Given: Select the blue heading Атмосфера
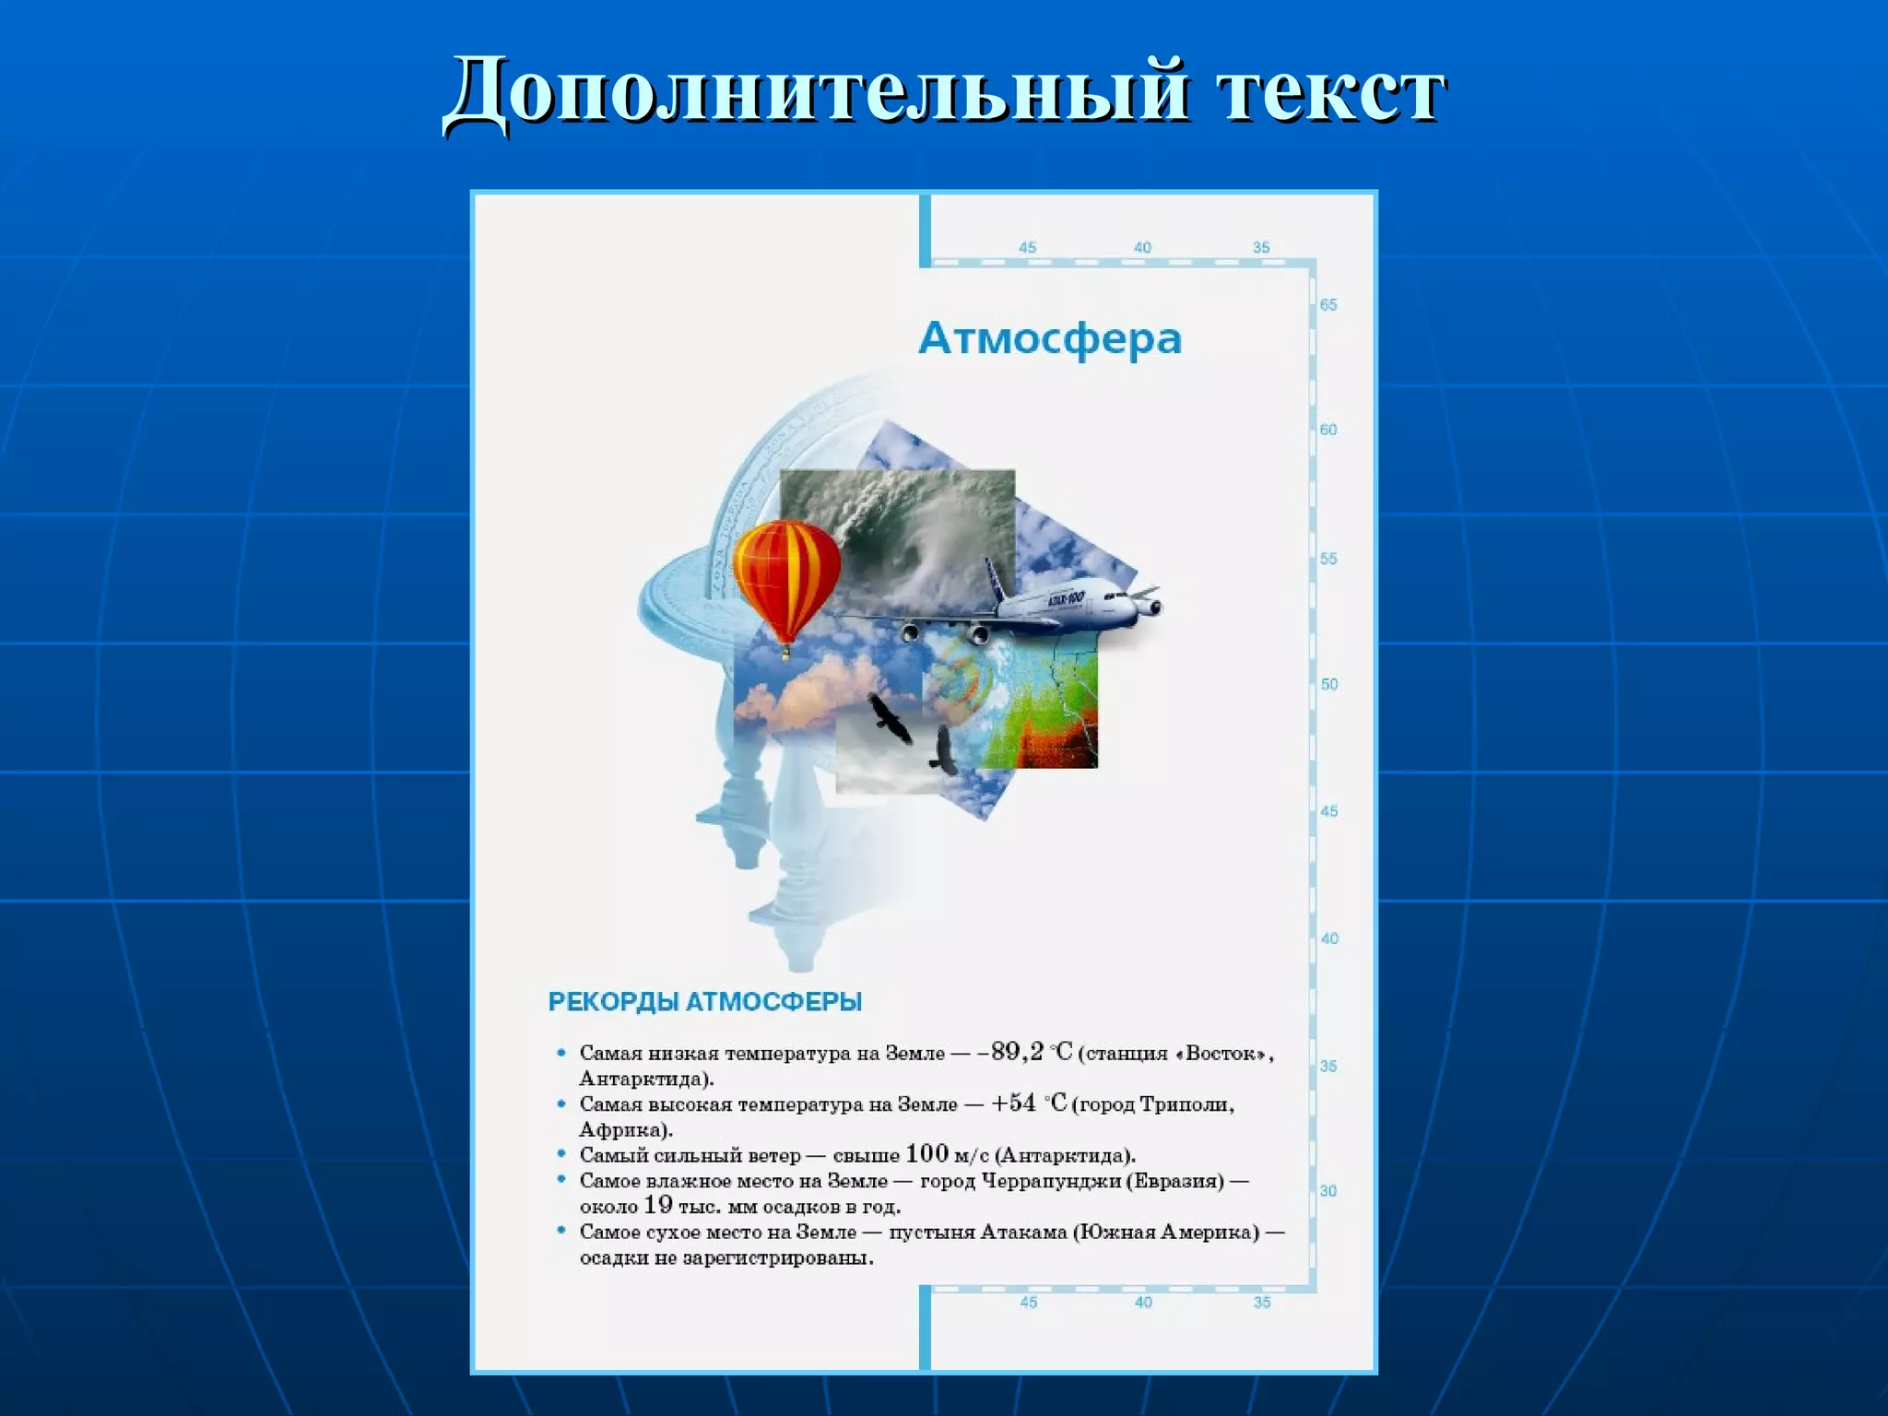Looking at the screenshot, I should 1050,338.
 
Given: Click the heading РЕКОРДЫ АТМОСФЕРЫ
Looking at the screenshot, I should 705,1001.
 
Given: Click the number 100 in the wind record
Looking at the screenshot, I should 926,1154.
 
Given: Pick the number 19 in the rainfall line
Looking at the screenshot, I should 657,1205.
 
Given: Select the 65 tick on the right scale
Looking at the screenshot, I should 1327,305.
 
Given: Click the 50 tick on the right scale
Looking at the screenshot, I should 1328,684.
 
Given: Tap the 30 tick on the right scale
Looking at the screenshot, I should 1327,1191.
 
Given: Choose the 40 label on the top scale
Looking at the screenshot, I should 1142,247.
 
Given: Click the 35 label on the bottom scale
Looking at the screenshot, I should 1262,1303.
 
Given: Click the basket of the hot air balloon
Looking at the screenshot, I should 786,655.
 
